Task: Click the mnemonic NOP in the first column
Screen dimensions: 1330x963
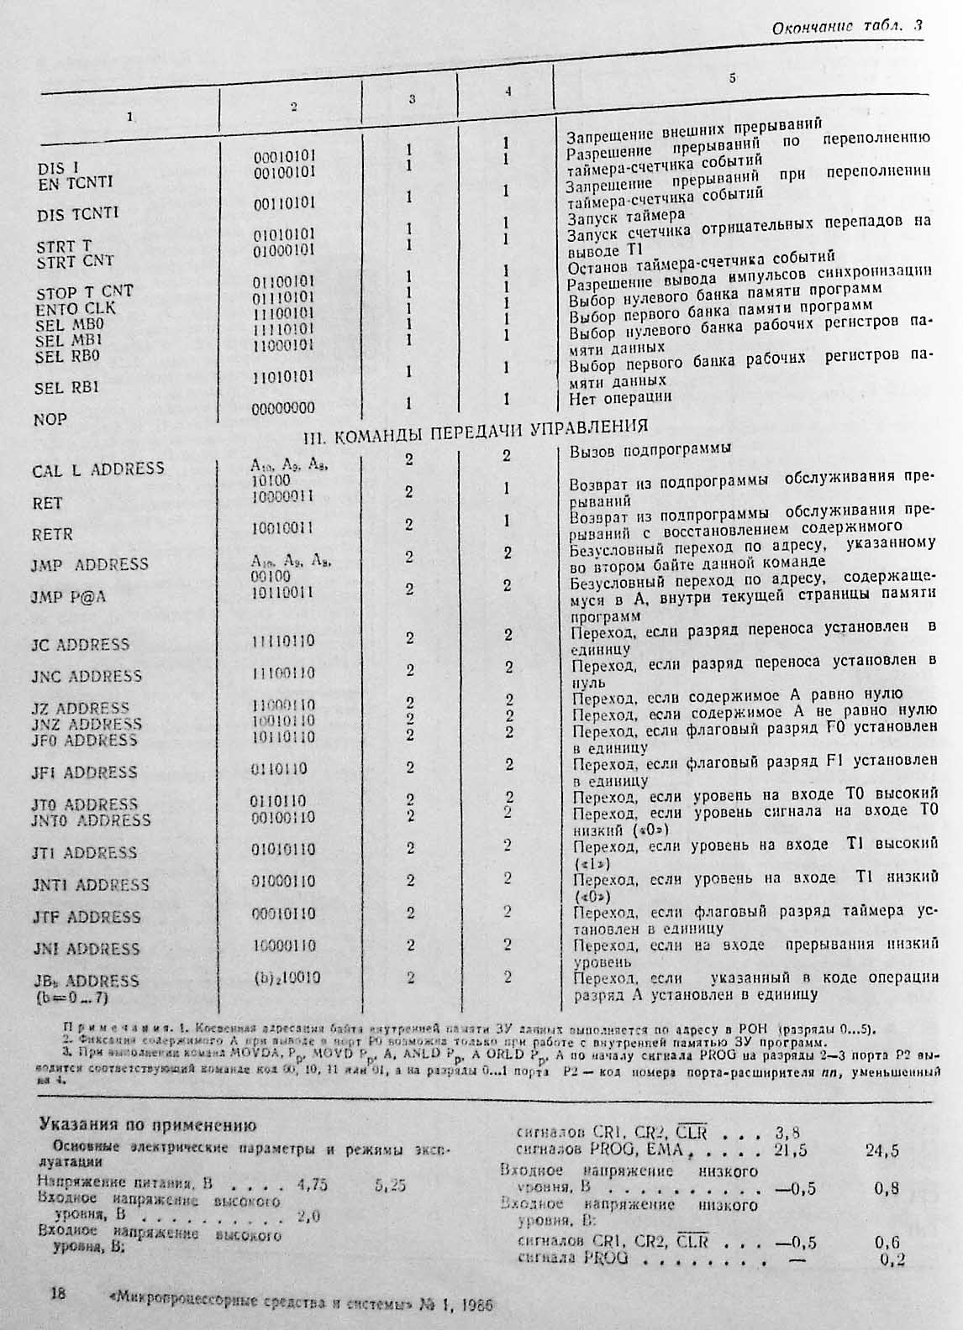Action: [50, 419]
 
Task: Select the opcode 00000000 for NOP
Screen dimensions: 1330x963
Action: [284, 407]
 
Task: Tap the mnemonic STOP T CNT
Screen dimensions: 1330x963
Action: [84, 292]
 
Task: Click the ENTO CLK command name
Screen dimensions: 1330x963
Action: [76, 308]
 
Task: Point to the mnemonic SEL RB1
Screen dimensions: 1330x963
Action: [66, 388]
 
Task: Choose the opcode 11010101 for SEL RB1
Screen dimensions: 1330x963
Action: [284, 376]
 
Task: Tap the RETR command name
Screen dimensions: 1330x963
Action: [52, 534]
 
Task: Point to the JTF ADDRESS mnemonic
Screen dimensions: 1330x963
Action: [86, 917]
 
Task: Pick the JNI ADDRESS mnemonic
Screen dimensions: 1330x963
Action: [86, 949]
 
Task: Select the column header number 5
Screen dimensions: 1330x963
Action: [732, 78]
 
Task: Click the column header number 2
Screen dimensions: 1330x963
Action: [293, 106]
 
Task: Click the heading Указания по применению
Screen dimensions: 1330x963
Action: [147, 1125]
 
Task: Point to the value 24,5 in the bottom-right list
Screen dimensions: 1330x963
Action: [881, 1150]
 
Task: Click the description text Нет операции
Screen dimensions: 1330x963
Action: [620, 397]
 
